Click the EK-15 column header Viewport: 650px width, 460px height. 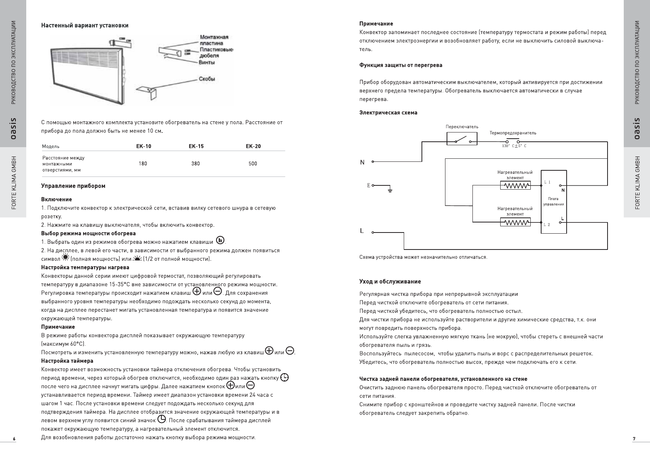coord(196,146)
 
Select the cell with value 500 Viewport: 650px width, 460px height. coord(252,164)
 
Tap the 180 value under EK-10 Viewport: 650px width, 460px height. coord(143,164)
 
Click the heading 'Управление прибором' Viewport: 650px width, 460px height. coord(73,186)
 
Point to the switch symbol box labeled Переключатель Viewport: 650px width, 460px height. coord(462,138)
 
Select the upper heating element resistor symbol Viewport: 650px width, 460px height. coord(515,186)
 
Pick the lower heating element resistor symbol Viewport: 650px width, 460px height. coord(515,222)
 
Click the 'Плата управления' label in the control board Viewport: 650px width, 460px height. coord(554,202)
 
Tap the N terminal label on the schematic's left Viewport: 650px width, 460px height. coord(362,163)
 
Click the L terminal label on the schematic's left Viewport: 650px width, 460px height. coord(362,231)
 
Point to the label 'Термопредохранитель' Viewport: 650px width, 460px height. coord(513,133)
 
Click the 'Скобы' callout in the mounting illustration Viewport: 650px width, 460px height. coord(207,79)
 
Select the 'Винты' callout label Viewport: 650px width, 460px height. coord(207,63)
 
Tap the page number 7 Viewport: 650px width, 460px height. coord(634,439)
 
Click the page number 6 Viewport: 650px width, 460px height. coord(14,439)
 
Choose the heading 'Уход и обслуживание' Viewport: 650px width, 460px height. coord(390,282)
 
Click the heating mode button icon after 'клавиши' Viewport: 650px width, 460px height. coord(220,240)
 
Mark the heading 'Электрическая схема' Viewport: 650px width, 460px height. coord(388,113)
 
